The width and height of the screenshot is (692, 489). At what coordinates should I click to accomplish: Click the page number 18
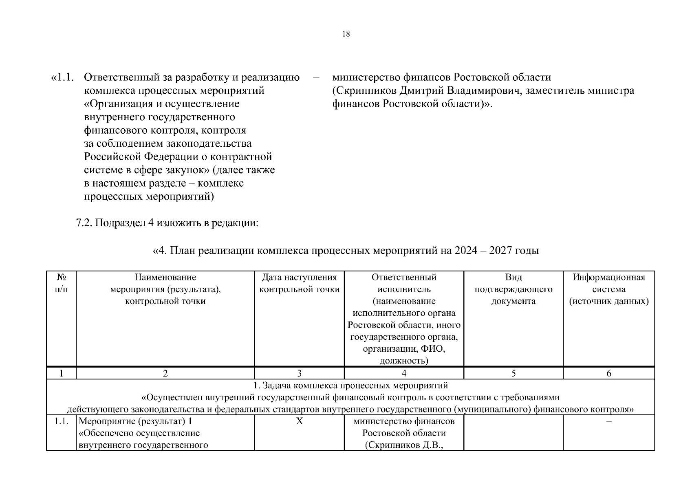346,34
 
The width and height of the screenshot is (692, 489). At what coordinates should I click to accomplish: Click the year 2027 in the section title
501,250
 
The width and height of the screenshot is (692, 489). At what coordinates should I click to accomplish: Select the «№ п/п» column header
61,283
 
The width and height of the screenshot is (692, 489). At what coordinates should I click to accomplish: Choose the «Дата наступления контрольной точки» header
299,283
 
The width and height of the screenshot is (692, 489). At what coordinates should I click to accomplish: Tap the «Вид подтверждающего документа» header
513,289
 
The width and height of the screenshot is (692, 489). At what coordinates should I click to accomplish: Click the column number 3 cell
299,373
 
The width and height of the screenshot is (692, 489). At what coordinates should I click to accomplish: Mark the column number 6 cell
608,373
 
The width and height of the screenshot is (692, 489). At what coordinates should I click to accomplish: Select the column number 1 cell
61,373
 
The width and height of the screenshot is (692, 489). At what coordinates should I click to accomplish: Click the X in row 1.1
299,421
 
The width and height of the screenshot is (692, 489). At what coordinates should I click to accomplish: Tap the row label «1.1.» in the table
61,421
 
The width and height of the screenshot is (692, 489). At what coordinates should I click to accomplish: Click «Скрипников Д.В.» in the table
403,445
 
